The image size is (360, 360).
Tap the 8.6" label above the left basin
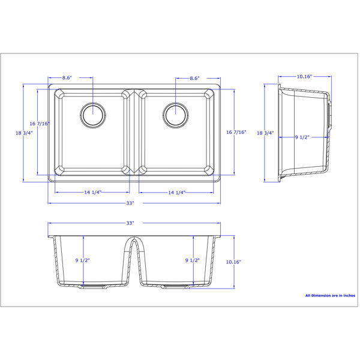pos(67,78)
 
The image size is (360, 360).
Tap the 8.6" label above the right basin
pos(194,78)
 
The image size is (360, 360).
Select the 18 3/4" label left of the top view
pos(24,133)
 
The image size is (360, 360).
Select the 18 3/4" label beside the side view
pos(265,133)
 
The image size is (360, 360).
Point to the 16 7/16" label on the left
pos(40,124)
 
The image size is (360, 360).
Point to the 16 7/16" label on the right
pos(236,132)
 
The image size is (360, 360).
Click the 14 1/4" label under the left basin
pos(93,192)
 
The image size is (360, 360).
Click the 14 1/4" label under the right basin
pos(177,193)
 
